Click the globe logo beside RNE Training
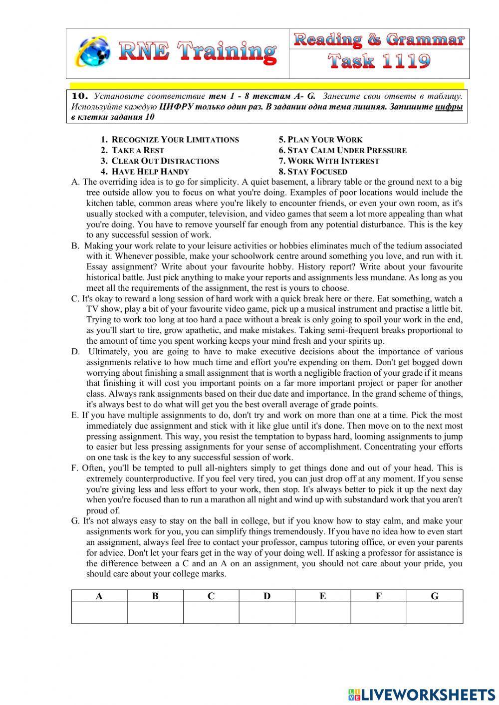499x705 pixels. (x=93, y=52)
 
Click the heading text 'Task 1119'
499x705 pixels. (x=379, y=62)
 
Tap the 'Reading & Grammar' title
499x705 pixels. (x=379, y=39)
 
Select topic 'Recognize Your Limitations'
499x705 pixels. (x=175, y=140)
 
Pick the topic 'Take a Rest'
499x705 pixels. (x=138, y=150)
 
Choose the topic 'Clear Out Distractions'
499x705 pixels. (x=165, y=161)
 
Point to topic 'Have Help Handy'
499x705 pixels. (x=150, y=171)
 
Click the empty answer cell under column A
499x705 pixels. (x=99, y=613)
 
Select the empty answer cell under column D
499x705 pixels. (x=267, y=613)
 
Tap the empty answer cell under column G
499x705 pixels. (x=435, y=613)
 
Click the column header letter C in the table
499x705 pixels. (x=211, y=596)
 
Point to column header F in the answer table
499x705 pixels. (x=379, y=596)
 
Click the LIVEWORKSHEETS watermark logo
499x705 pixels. (x=421, y=694)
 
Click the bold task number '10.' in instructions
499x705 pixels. (x=80, y=96)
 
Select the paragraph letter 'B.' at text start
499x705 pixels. (x=75, y=245)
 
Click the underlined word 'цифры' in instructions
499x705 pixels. (x=449, y=107)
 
